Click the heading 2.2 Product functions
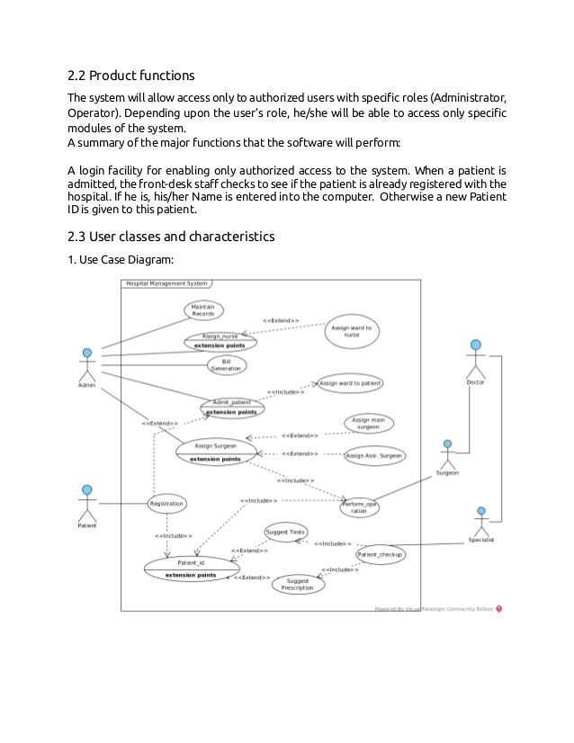(x=131, y=74)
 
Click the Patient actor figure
(x=87, y=503)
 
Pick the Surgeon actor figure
(x=447, y=453)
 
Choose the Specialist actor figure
(x=480, y=522)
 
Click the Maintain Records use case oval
(x=202, y=310)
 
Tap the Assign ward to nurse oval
(x=351, y=332)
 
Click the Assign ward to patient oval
(x=350, y=382)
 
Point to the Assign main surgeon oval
(x=368, y=423)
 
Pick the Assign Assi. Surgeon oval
(x=372, y=455)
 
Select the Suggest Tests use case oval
(x=285, y=533)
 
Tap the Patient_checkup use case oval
(x=381, y=555)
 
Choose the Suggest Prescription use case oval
(x=297, y=585)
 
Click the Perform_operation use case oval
(x=359, y=508)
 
